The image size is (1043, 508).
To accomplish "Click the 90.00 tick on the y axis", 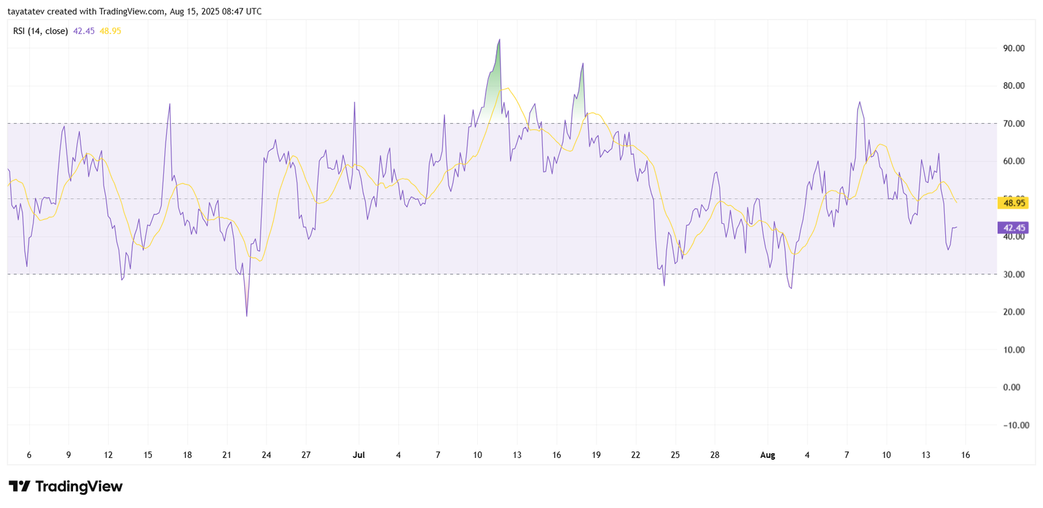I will coord(1014,48).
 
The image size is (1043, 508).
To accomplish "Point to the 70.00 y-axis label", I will coord(1014,124).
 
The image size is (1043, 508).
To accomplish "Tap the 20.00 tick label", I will coord(1014,312).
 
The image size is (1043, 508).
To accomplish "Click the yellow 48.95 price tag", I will coord(1014,203).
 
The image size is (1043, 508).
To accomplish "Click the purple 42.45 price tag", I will coord(1014,228).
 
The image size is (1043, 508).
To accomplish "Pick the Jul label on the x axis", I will coord(359,455).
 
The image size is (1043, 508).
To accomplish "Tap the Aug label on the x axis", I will coord(767,455).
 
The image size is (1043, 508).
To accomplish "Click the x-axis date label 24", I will coord(266,455).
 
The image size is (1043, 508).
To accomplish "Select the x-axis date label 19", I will coord(596,455).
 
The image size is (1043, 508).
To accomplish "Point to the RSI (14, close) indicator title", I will coord(40,31).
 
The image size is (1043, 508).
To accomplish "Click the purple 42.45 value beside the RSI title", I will coord(83,31).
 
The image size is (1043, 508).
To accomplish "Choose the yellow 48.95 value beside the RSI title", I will coord(110,31).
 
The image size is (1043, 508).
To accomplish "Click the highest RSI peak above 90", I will coord(499,40).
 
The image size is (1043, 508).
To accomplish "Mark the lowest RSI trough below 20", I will coord(246,316).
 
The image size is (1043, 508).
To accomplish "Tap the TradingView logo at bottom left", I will coord(65,486).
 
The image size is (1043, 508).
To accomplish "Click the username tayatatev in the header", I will coord(27,12).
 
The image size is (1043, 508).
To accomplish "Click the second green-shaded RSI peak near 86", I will coord(583,64).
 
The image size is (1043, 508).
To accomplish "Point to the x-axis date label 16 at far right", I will coord(965,455).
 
